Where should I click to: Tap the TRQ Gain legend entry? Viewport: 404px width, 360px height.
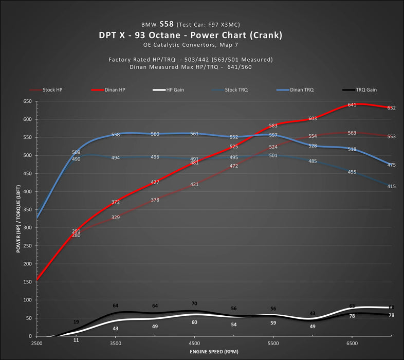(x=366, y=89)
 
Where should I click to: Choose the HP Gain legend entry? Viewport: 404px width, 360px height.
(x=175, y=89)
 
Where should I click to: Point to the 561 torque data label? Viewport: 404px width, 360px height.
(x=194, y=134)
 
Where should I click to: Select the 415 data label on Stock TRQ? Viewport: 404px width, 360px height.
(x=391, y=186)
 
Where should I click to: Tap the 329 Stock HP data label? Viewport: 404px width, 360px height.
(x=116, y=218)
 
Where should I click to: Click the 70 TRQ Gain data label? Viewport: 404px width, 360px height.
(x=194, y=304)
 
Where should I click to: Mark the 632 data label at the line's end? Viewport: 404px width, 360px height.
(x=391, y=108)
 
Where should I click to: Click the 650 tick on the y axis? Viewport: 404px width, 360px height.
(x=28, y=101)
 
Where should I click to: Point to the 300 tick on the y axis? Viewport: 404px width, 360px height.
(x=28, y=228)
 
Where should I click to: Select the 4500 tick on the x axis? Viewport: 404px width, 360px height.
(x=194, y=343)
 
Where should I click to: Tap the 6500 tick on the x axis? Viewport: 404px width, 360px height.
(x=352, y=343)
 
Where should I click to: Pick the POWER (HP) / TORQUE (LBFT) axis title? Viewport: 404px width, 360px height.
(x=19, y=219)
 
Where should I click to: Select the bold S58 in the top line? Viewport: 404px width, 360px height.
(x=167, y=24)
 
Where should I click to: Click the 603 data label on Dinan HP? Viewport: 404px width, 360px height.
(x=313, y=119)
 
